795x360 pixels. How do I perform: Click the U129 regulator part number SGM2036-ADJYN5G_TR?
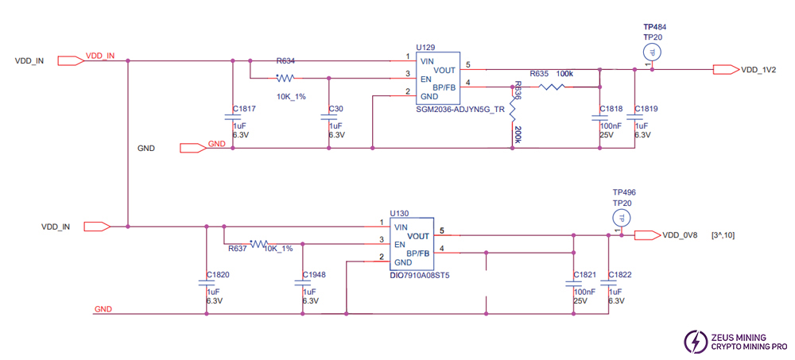tap(460, 110)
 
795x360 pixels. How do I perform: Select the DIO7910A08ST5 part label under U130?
tap(419, 276)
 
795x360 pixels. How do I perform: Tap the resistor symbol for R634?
tap(285, 78)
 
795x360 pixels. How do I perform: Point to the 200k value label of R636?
tap(518, 133)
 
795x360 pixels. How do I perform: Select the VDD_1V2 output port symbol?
tap(725, 69)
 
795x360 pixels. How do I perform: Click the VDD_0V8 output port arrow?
tap(647, 234)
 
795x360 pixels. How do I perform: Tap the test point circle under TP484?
tap(652, 52)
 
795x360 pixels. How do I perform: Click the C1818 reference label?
tap(611, 108)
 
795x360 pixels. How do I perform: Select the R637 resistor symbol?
tap(259, 245)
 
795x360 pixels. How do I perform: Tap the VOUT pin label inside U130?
tap(418, 236)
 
